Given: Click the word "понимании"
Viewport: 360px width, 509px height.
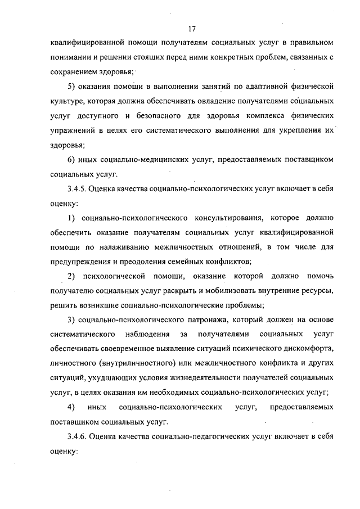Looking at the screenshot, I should (x=71, y=57).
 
